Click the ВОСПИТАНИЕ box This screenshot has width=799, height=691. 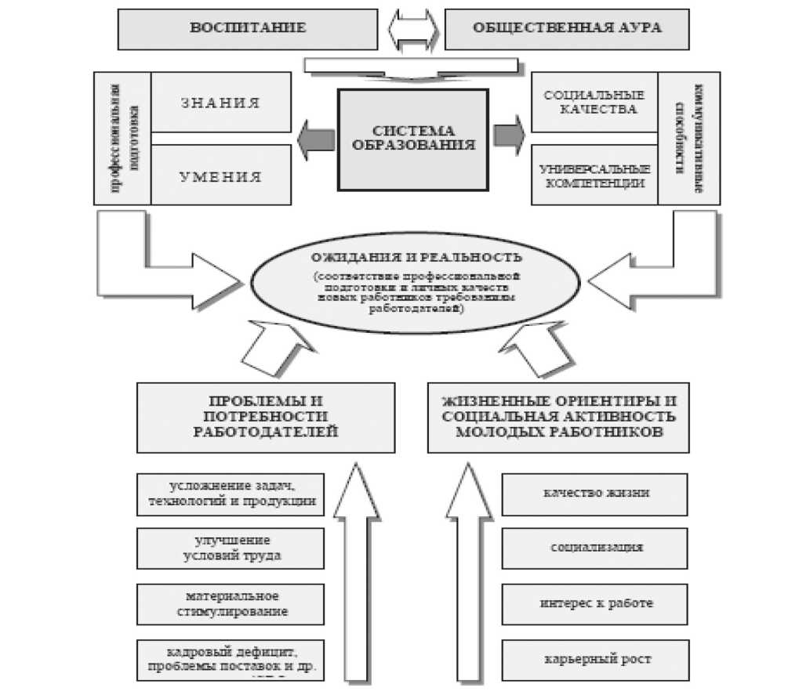click(247, 28)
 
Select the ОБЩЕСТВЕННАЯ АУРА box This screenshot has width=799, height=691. click(567, 28)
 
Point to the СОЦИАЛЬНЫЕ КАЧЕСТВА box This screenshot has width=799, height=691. click(594, 102)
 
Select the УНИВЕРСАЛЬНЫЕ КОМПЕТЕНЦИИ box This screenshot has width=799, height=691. click(594, 175)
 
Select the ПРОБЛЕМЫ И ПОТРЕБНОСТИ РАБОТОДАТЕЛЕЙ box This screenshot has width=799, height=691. click(265, 417)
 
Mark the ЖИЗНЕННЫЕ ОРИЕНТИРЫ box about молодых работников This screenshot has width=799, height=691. click(557, 417)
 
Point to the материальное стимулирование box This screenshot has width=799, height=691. click(231, 603)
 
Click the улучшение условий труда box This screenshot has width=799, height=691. click(231, 548)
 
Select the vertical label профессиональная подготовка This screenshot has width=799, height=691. click(122, 139)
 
